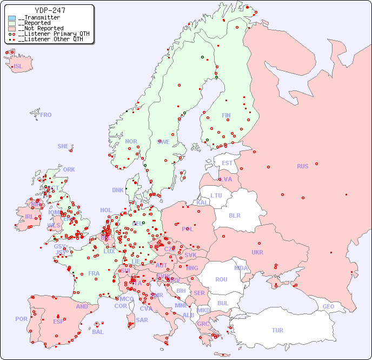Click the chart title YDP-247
pyautogui.click(x=50, y=10)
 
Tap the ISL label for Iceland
pyautogui.click(x=18, y=67)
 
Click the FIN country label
pyautogui.click(x=226, y=115)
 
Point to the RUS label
pyautogui.click(x=302, y=166)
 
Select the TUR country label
pyautogui.click(x=277, y=330)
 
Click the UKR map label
pyautogui.click(x=257, y=252)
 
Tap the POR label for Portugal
pyautogui.click(x=21, y=319)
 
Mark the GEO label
pyautogui.click(x=328, y=306)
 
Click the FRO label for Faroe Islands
pyautogui.click(x=46, y=115)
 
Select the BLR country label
pyautogui.click(x=235, y=215)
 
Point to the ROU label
pyautogui.click(x=221, y=279)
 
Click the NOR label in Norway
pyautogui.click(x=131, y=141)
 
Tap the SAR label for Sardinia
pyautogui.click(x=142, y=320)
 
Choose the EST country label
pyautogui.click(x=227, y=163)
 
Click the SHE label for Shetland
pyautogui.click(x=63, y=146)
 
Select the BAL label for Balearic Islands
pyautogui.click(x=98, y=332)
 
